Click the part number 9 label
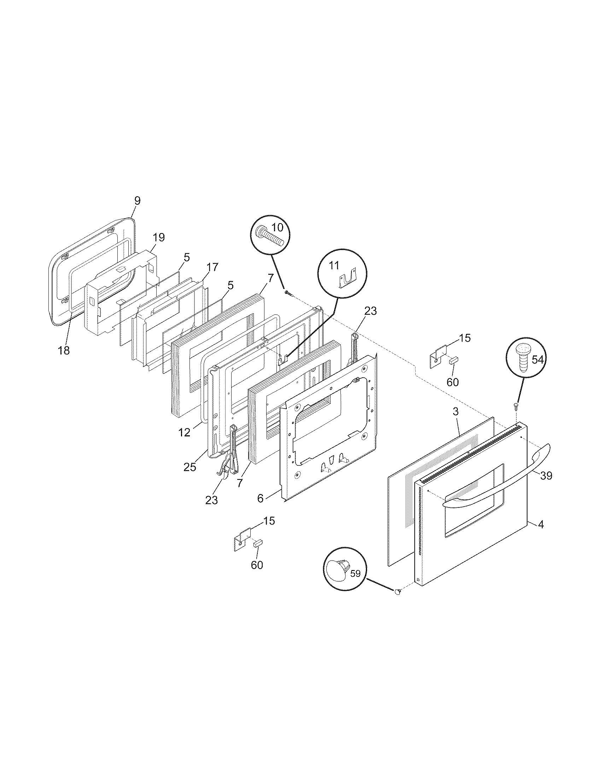(x=137, y=201)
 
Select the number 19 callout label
(x=159, y=237)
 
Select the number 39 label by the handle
(x=546, y=475)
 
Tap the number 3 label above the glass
(x=456, y=412)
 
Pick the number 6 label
(x=261, y=498)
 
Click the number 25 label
(x=190, y=467)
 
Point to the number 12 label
(x=185, y=432)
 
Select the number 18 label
(x=64, y=350)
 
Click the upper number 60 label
(x=453, y=382)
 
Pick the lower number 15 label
(x=269, y=521)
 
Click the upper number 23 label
(x=370, y=311)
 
